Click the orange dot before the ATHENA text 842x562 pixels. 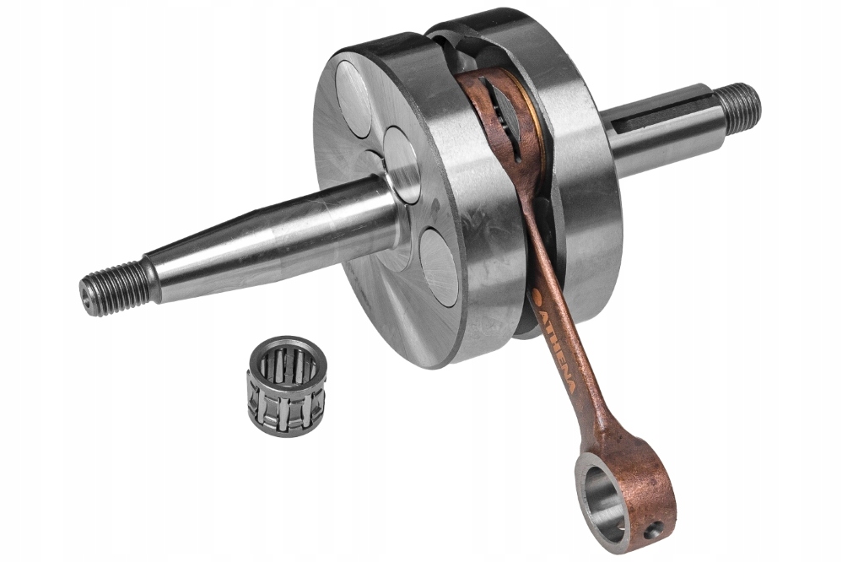pyautogui.click(x=537, y=294)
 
